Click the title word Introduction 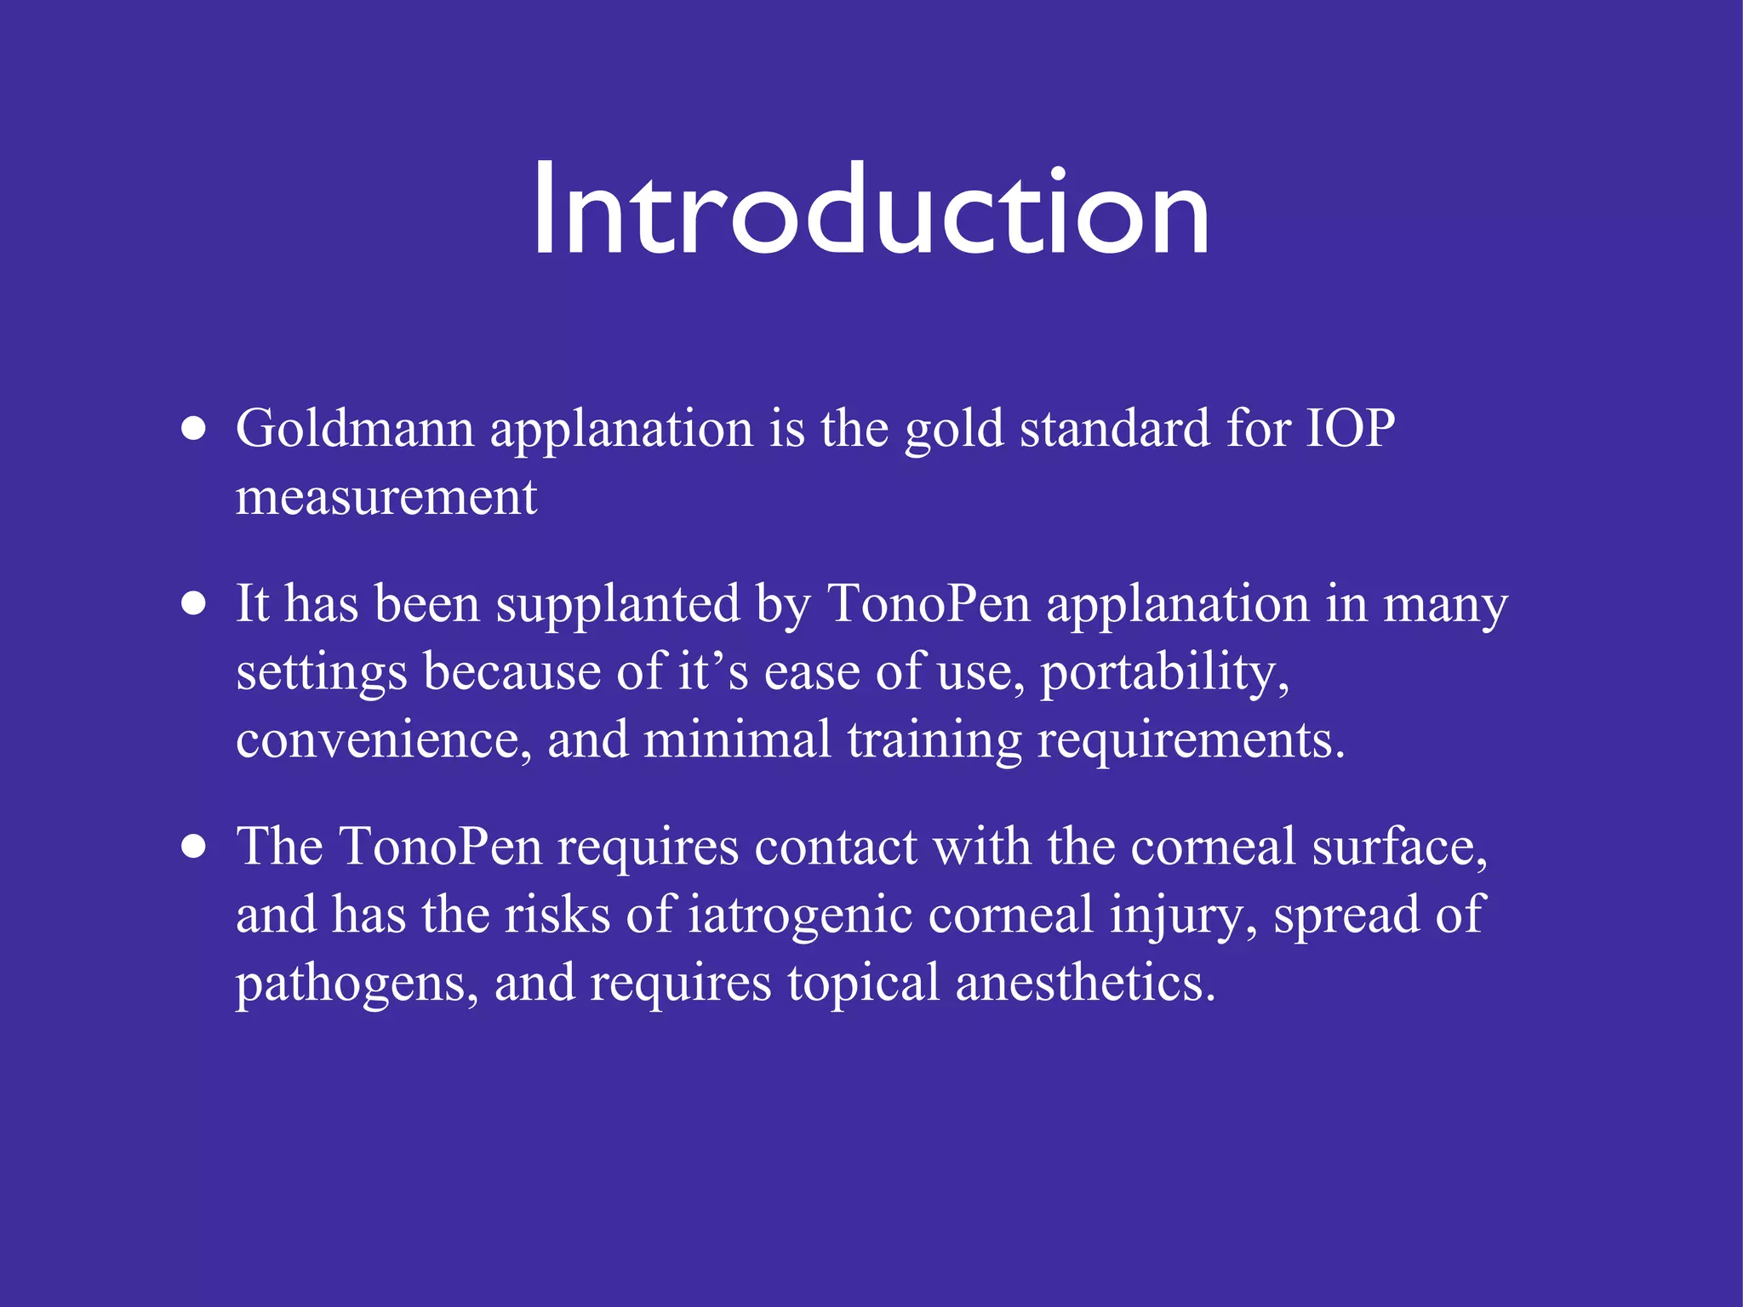point(870,210)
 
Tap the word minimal point(737,739)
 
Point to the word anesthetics point(1084,984)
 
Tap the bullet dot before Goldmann point(194,429)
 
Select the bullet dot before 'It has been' point(194,604)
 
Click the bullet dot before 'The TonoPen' point(194,848)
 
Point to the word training point(934,739)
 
